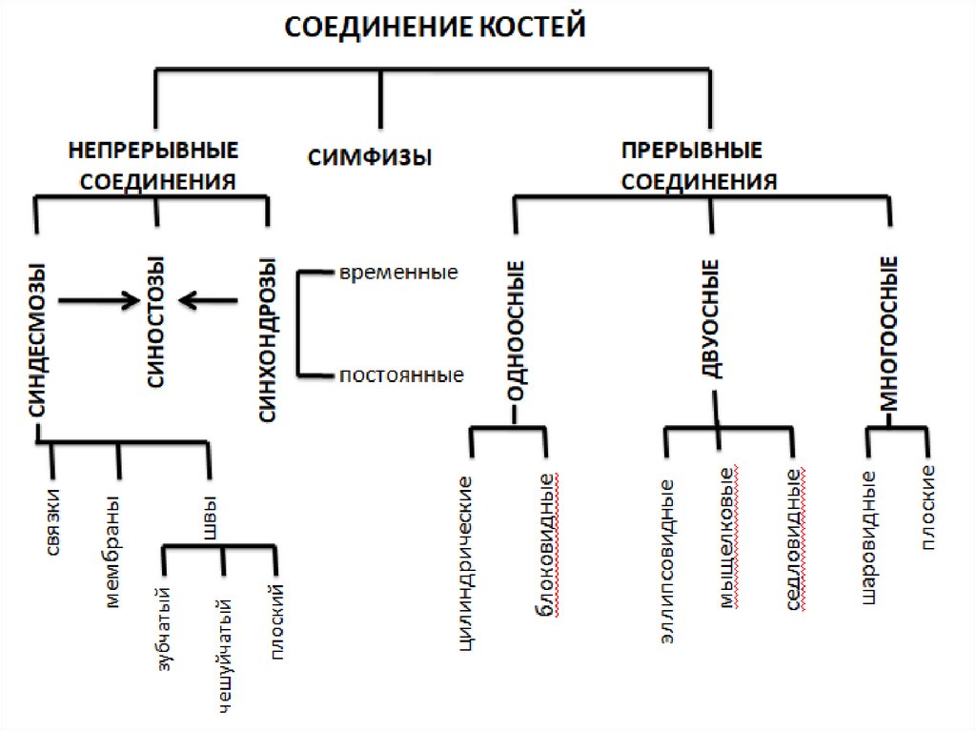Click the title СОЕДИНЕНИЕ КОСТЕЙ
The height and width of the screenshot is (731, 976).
[x=435, y=27]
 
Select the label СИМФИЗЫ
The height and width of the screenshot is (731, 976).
[x=370, y=157]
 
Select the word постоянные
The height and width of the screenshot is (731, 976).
[x=401, y=376]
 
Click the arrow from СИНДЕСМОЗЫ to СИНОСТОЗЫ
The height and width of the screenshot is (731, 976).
[x=97, y=302]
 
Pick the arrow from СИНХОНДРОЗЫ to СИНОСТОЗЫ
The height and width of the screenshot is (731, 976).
[x=209, y=302]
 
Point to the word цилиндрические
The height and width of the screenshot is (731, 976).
[x=467, y=561]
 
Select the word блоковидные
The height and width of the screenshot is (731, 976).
[x=547, y=544]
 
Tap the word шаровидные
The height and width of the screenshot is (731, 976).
[x=867, y=538]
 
